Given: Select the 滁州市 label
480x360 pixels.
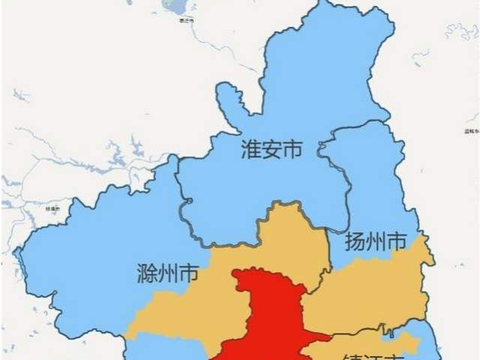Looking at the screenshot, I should point(167,271).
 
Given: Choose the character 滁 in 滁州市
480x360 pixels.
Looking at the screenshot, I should point(146,271).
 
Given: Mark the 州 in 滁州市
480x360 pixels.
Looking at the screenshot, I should point(167,271).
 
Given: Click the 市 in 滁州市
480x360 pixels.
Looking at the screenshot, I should point(188,271).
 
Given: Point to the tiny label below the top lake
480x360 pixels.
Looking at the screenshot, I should point(183,19).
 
